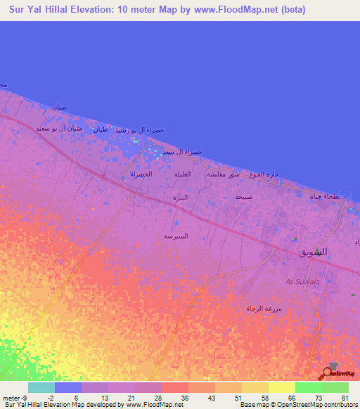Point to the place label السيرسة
point(176,236)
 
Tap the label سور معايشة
point(224,174)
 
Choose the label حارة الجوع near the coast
point(266,174)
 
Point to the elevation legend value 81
point(344,398)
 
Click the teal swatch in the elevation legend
point(41,387)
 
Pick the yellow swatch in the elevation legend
point(281,387)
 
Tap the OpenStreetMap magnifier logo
point(328,373)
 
